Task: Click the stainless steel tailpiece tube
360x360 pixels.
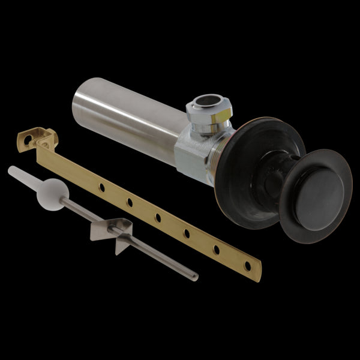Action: pyautogui.click(x=126, y=120)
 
